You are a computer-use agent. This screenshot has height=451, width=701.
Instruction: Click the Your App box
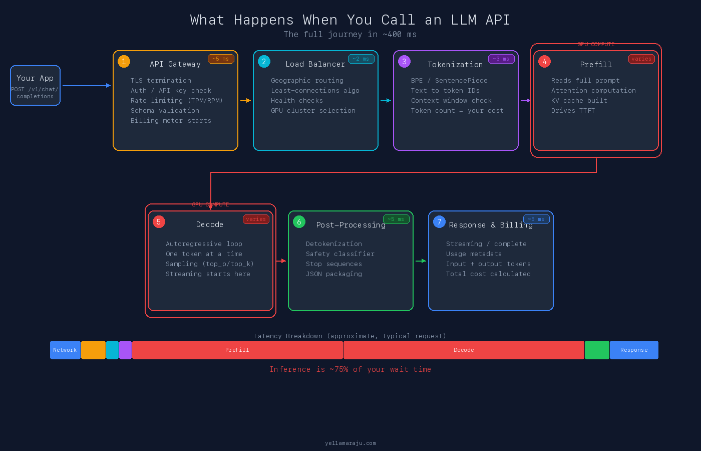click(x=35, y=86)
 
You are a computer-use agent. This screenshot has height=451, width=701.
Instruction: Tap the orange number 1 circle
click(x=124, y=62)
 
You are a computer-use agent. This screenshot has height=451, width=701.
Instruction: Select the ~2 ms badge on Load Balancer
click(x=361, y=59)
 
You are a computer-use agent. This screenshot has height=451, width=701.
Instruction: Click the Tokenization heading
click(x=455, y=65)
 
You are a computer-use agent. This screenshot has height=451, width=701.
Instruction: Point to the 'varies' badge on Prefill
click(x=641, y=59)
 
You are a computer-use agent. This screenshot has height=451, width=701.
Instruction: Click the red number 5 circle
click(x=159, y=222)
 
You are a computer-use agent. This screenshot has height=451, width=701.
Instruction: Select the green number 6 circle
click(x=299, y=222)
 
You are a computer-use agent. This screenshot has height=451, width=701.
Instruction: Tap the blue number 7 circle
click(x=439, y=222)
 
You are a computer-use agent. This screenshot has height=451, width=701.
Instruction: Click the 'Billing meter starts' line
click(x=171, y=121)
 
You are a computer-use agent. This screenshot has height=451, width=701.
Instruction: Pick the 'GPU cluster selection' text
click(x=313, y=111)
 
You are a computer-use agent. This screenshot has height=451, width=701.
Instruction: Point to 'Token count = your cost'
click(x=457, y=111)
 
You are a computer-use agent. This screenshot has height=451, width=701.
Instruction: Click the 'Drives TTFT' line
click(x=573, y=111)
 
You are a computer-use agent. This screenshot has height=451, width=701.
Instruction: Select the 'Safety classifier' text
click(x=340, y=254)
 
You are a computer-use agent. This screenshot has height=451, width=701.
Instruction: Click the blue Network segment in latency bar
click(x=65, y=350)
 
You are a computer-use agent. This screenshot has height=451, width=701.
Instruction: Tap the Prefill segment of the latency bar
click(x=237, y=350)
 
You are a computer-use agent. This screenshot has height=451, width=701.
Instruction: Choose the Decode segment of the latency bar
click(x=464, y=350)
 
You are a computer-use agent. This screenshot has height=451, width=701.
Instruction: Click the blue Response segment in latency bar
click(x=634, y=350)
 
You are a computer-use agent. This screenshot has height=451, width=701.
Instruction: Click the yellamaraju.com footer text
click(x=350, y=443)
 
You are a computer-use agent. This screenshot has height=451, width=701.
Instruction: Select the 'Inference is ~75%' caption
click(x=350, y=369)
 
